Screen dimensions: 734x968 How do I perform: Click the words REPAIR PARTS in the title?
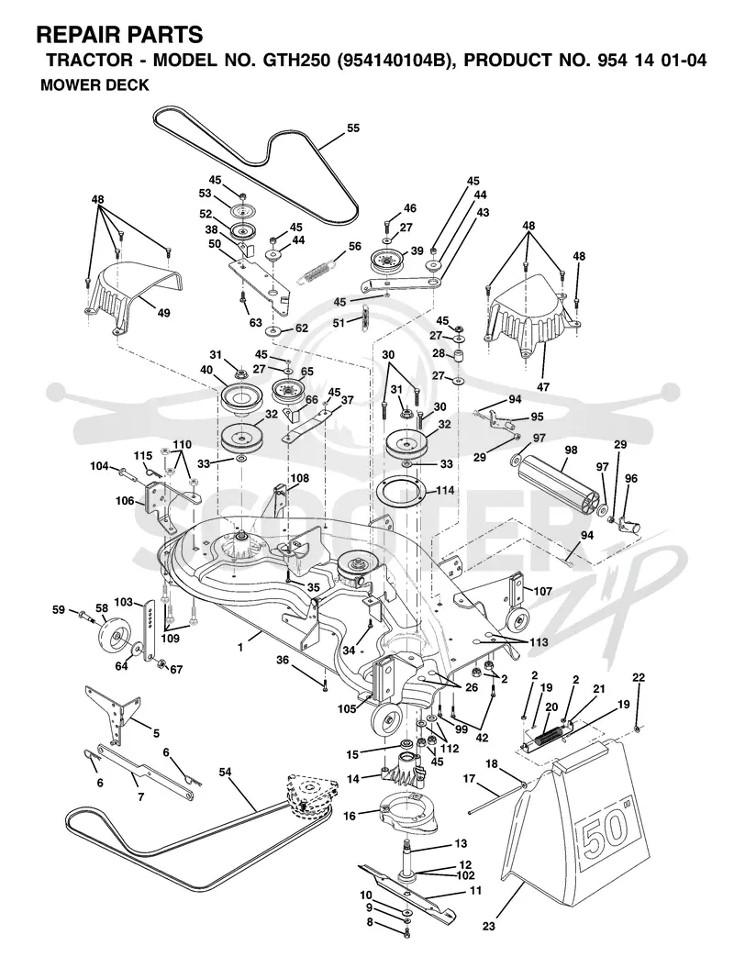[119, 34]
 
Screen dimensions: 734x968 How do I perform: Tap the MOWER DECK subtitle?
[95, 84]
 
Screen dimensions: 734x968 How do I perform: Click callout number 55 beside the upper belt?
[352, 128]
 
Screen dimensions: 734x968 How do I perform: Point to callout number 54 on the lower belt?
[226, 772]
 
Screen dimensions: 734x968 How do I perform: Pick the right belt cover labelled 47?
[531, 321]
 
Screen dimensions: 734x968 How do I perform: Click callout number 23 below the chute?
[490, 927]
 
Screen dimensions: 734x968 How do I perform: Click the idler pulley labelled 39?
[386, 261]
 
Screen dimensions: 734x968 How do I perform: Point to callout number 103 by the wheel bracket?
[124, 602]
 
